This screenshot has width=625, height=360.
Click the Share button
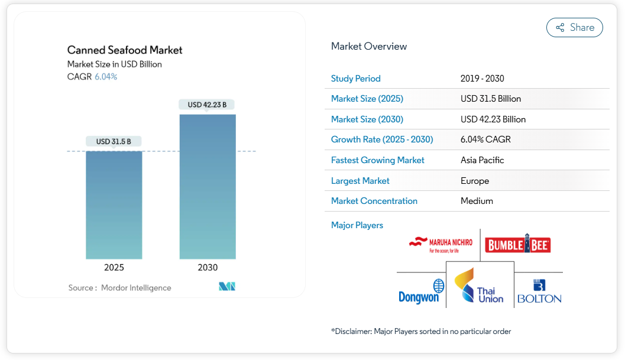click(x=574, y=28)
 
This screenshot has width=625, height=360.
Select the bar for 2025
click(x=114, y=205)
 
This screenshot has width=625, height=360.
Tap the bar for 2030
click(x=208, y=186)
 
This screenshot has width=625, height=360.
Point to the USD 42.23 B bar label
click(x=208, y=105)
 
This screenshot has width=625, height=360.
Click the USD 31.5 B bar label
click(x=114, y=141)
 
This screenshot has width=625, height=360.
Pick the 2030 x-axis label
click(x=208, y=268)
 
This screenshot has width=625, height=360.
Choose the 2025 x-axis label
click(x=114, y=268)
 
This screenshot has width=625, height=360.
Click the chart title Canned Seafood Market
click(x=125, y=50)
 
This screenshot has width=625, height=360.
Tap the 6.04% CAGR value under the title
click(x=106, y=77)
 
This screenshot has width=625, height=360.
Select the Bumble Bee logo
click(x=518, y=245)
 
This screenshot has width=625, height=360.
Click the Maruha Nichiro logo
click(x=441, y=244)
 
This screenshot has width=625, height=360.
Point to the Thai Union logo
click(x=480, y=287)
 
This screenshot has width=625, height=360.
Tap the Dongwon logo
click(x=421, y=292)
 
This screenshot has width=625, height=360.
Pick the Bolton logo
click(x=539, y=292)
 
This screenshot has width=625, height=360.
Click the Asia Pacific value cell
click(x=482, y=160)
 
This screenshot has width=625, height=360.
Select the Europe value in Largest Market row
click(x=474, y=181)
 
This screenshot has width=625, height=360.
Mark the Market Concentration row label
click(x=374, y=201)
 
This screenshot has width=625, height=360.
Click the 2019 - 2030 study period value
click(x=482, y=79)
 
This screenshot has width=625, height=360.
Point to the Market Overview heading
click(x=369, y=46)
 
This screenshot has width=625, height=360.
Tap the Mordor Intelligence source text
click(x=136, y=288)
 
